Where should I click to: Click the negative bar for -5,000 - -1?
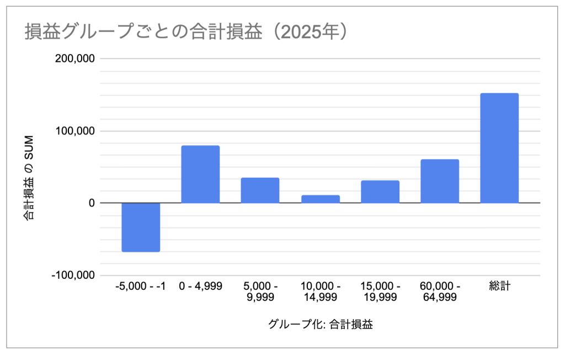click(x=141, y=227)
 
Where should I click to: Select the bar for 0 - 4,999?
click(x=200, y=174)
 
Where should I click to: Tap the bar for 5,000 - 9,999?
click(x=260, y=190)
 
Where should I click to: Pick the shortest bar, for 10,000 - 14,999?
click(x=320, y=199)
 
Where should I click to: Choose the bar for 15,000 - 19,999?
click(x=380, y=192)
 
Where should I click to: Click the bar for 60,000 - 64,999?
click(x=440, y=181)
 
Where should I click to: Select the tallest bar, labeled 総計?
click(x=499, y=148)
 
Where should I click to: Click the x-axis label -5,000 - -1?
click(x=141, y=287)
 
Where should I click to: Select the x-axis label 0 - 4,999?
click(x=201, y=287)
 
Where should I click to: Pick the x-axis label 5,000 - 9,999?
click(x=260, y=292)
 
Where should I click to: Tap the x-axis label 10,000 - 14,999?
click(x=320, y=292)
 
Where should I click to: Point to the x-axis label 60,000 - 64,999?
click(x=440, y=292)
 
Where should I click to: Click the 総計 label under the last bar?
click(x=499, y=287)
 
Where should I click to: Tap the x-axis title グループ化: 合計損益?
click(x=320, y=325)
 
